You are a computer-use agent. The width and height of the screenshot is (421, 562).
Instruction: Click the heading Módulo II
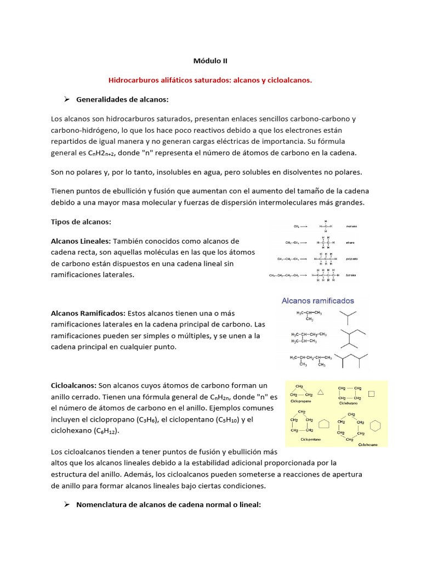210,62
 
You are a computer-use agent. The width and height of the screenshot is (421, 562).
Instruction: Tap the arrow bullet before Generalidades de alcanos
66,99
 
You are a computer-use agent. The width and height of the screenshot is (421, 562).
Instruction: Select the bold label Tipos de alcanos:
81,222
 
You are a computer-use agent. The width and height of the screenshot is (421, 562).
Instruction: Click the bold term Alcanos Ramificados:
88,313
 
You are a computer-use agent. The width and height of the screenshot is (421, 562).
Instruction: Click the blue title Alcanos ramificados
317,301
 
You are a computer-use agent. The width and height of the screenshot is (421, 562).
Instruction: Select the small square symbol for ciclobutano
371,394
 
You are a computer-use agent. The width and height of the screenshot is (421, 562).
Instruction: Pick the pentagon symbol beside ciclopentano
324,425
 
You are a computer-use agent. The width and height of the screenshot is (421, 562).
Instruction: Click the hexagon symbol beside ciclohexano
376,426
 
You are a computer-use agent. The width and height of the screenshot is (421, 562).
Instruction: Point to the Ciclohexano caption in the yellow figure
367,445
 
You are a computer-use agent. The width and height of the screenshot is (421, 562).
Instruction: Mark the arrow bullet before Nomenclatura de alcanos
66,504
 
